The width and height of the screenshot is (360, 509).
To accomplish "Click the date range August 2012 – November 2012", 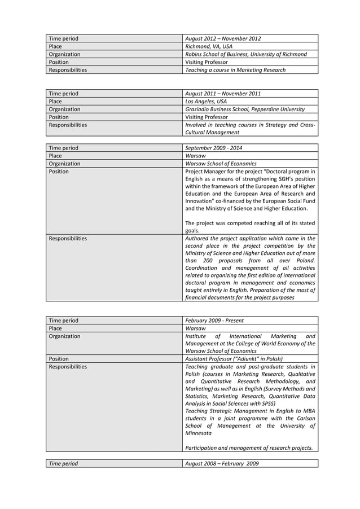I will pyautogui.click(x=223, y=38).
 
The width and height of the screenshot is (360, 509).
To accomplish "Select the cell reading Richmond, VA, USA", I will pyautogui.click(x=209, y=46).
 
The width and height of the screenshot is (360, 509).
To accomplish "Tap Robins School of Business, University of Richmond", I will pyautogui.click(x=246, y=54).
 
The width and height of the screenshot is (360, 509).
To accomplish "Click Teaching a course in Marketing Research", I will pyautogui.click(x=235, y=70).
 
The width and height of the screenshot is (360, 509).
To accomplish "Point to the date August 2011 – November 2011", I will pyautogui.click(x=223, y=93).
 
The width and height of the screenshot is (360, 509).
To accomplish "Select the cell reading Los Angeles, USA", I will pyautogui.click(x=207, y=101).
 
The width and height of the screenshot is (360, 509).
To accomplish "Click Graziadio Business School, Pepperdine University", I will pyautogui.click(x=245, y=109).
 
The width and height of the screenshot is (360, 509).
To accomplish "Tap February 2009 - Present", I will pyautogui.click(x=214, y=321).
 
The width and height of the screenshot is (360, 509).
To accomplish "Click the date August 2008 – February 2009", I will pyautogui.click(x=221, y=463).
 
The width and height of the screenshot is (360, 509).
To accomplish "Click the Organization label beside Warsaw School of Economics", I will pyautogui.click(x=65, y=164).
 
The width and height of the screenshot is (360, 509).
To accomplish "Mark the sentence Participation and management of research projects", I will pyautogui.click(x=249, y=448).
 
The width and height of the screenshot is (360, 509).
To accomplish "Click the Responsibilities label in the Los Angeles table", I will pyautogui.click(x=68, y=125).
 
